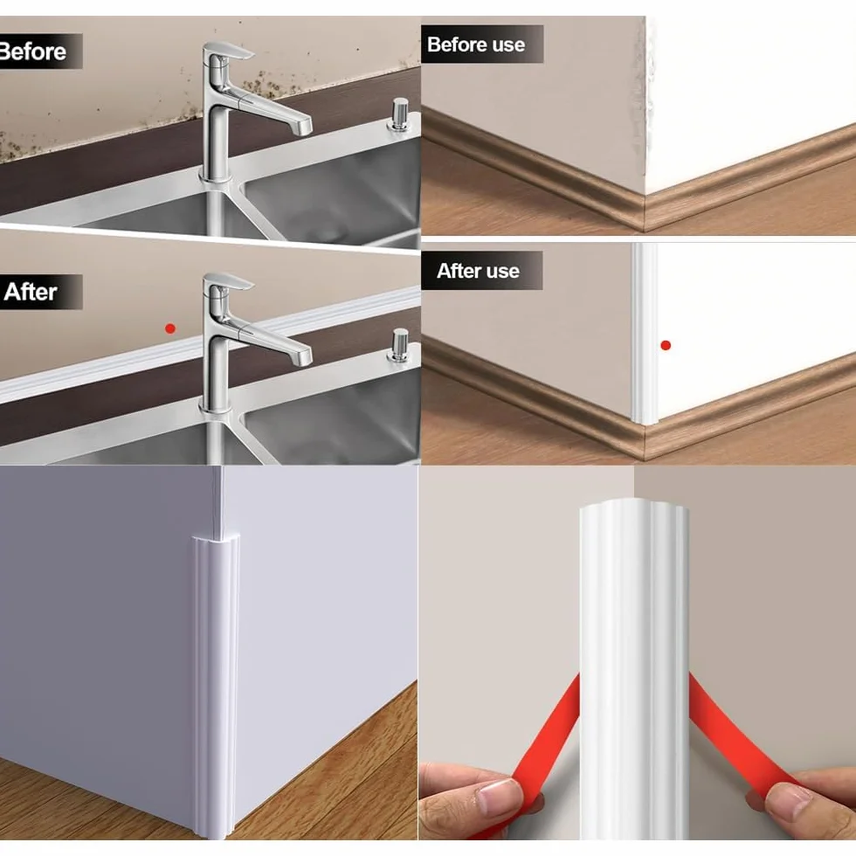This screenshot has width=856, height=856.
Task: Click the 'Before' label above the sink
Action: pos(33,52)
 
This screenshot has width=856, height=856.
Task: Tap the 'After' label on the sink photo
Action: pos(30,292)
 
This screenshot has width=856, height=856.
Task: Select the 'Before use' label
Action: pos(476,45)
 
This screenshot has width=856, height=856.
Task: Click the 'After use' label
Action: pos(478,271)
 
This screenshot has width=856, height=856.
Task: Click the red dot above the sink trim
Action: pos(170,328)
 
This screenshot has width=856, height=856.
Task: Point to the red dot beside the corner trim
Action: pos(666,345)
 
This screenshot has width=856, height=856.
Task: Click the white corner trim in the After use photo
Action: pos(645,333)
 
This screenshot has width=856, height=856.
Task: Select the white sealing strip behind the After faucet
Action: pos(211,344)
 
